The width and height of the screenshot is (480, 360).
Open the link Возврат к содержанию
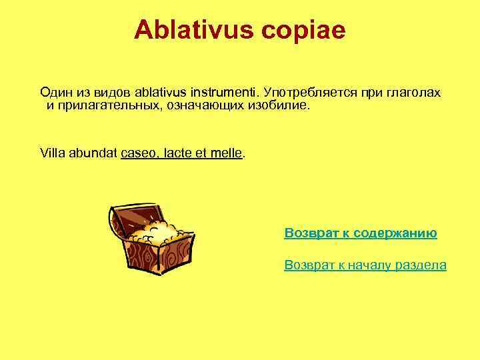pos(361,233)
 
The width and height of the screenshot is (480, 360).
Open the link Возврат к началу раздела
pos(365,265)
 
